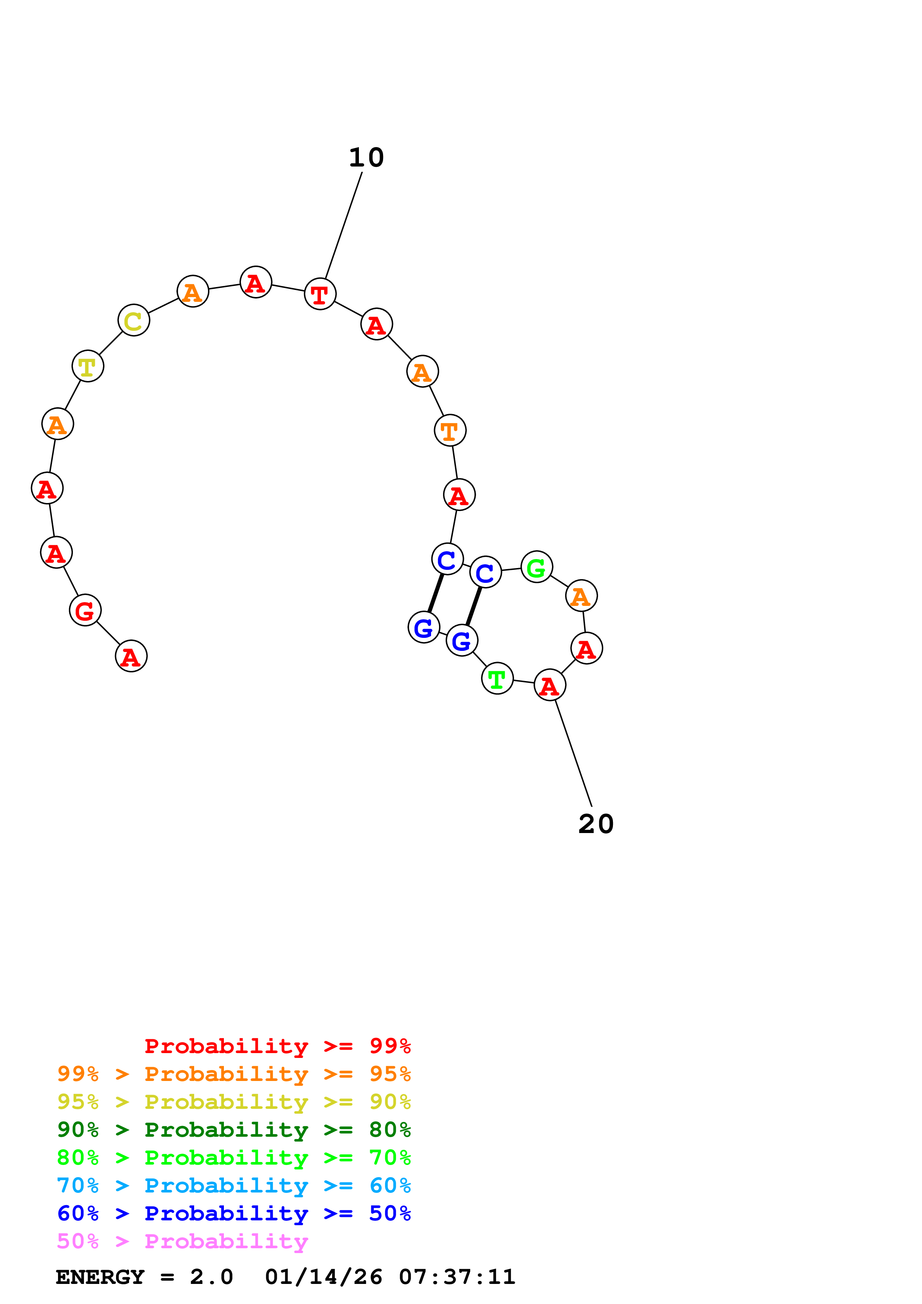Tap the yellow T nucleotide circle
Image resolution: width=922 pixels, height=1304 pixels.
[x=88, y=366]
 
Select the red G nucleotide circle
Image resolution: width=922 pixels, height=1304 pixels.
[x=85, y=610]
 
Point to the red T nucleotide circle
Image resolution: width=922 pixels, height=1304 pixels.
[x=320, y=294]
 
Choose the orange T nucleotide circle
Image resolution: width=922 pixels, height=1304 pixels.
[x=450, y=430]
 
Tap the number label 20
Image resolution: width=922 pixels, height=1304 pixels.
[x=596, y=824]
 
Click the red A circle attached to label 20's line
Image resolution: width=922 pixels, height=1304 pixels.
[x=550, y=685]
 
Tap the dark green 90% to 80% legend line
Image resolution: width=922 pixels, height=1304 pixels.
[x=234, y=1130]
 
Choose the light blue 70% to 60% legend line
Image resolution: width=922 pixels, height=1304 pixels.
[x=234, y=1185]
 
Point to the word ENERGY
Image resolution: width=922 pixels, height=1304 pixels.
[x=100, y=1277]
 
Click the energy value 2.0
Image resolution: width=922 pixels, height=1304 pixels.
[x=211, y=1277]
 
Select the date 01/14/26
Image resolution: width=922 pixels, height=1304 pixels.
[x=323, y=1277]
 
